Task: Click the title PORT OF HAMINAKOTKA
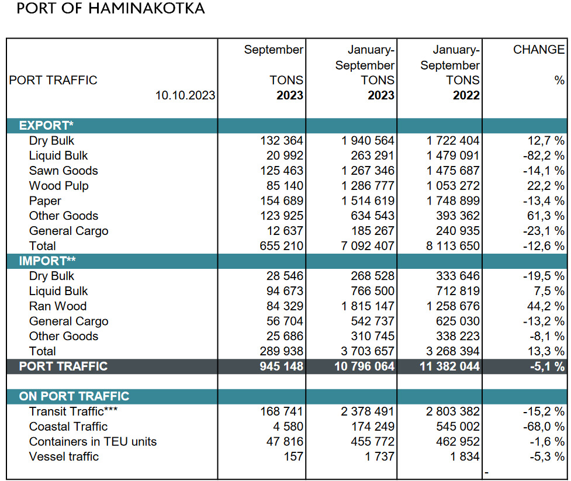(110, 8)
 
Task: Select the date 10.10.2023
(185, 95)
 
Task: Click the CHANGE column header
(539, 50)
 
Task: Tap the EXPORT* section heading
(46, 126)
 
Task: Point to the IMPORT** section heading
(47, 261)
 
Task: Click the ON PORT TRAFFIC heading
(74, 396)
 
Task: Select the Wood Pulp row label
(58, 186)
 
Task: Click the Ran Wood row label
(58, 306)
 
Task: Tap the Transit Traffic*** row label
(73, 411)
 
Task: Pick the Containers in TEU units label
(93, 442)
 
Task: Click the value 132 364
(282, 141)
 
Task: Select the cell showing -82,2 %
(544, 156)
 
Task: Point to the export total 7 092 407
(368, 246)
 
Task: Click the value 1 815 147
(368, 306)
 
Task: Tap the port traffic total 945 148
(282, 366)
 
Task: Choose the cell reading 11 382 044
(450, 366)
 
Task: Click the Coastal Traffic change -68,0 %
(544, 427)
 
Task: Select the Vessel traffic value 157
(293, 456)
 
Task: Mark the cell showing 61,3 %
(546, 216)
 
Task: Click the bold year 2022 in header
(466, 95)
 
